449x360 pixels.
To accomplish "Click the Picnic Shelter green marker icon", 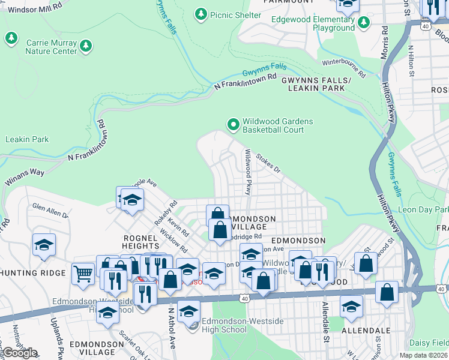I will [201, 13].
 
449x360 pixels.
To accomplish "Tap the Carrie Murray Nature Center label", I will [51, 47].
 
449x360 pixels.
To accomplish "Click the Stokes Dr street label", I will [268, 163].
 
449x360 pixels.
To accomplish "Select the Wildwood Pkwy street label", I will [247, 172].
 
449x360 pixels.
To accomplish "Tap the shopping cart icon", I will [83, 274].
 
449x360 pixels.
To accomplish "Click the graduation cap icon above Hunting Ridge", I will [44, 244].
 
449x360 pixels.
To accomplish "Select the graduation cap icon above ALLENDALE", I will [351, 306].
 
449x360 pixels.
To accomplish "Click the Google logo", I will [19, 353].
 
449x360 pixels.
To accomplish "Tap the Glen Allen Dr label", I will [50, 210].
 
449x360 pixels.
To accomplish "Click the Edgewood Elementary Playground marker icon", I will [363, 23].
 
